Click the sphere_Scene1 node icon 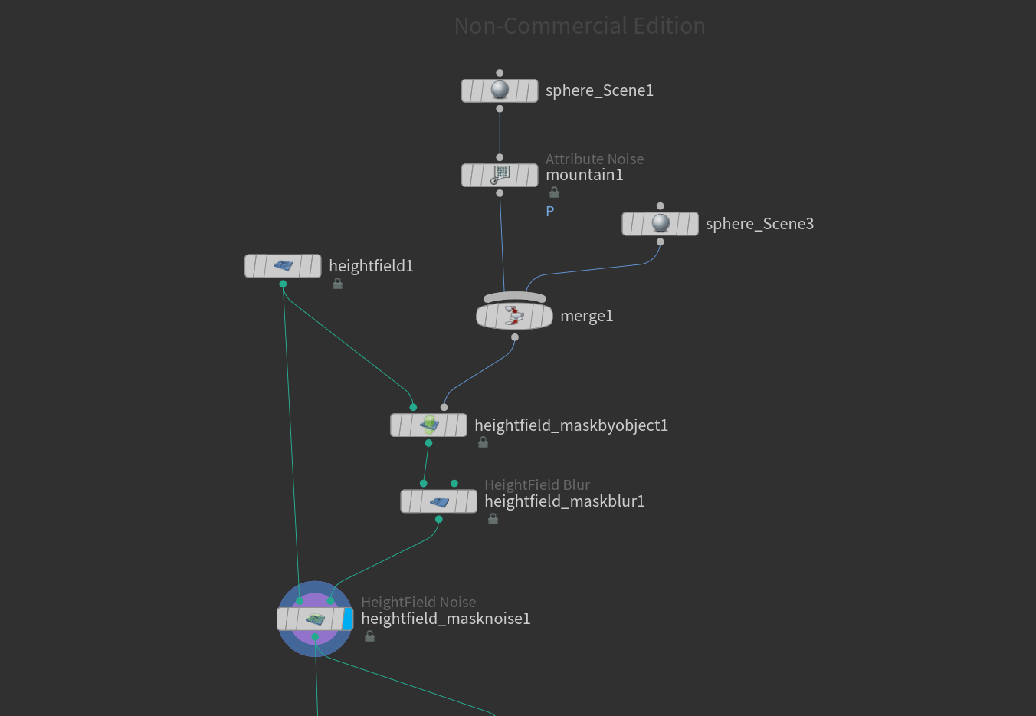pos(500,90)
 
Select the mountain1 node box pos(500,175)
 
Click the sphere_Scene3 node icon pos(660,224)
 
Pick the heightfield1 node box pos(283,266)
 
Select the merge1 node pos(514,315)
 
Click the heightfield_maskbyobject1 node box pos(428,425)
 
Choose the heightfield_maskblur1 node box pos(438,501)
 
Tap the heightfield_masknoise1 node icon pos(315,619)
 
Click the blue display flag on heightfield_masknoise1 pos(348,619)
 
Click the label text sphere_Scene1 pos(599,90)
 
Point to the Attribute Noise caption pos(595,159)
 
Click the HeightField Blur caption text pos(537,484)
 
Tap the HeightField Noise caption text pos(418,602)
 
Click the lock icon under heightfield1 pos(337,284)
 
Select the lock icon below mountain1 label pos(554,192)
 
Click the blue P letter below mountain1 pos(550,212)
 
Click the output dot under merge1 pos(515,337)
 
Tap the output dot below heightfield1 pos(283,284)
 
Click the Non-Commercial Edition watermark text pos(579,26)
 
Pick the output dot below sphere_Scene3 pos(660,242)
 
